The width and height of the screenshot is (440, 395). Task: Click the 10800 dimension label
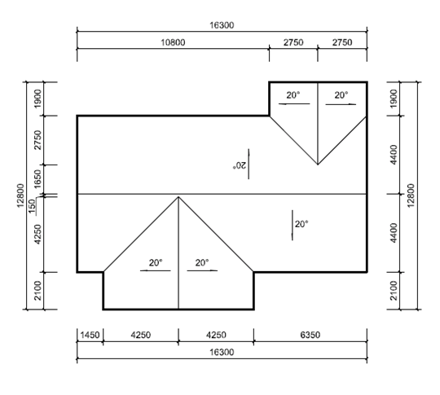(173, 42)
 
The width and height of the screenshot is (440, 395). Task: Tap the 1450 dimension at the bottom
(90, 335)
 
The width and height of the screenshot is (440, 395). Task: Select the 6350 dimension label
(310, 335)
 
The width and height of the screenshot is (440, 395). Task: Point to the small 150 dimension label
(33, 205)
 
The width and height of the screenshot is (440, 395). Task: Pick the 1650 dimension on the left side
(37, 179)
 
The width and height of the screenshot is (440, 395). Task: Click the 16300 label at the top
(222, 25)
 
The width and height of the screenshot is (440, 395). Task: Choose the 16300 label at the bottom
(222, 352)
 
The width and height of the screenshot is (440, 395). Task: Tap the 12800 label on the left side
(20, 195)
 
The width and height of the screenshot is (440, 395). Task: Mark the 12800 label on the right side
(411, 195)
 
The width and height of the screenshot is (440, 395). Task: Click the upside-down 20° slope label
(239, 165)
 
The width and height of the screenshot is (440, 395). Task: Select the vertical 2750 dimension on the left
(37, 140)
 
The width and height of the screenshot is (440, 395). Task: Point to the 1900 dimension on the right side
(394, 99)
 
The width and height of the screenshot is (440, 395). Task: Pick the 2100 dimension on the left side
(37, 291)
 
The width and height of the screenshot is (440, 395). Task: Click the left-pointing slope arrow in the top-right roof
(294, 104)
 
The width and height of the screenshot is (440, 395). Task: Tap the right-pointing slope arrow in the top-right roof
(341, 104)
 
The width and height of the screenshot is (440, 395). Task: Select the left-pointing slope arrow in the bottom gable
(155, 270)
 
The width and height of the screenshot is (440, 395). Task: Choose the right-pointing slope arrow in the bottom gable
(202, 270)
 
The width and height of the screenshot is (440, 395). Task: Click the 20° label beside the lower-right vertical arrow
(301, 224)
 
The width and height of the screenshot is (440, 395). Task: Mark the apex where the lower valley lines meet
(178, 197)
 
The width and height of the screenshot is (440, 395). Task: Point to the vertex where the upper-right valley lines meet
(318, 165)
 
